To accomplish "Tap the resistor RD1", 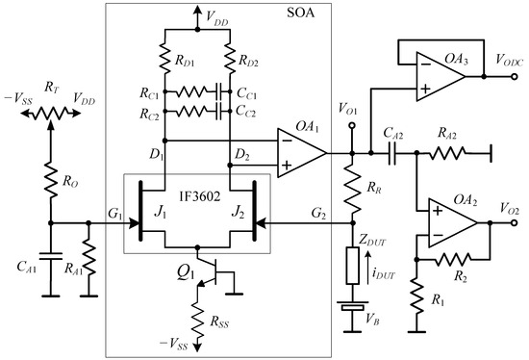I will [x=165, y=58].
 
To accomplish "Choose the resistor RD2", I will [x=232, y=58].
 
